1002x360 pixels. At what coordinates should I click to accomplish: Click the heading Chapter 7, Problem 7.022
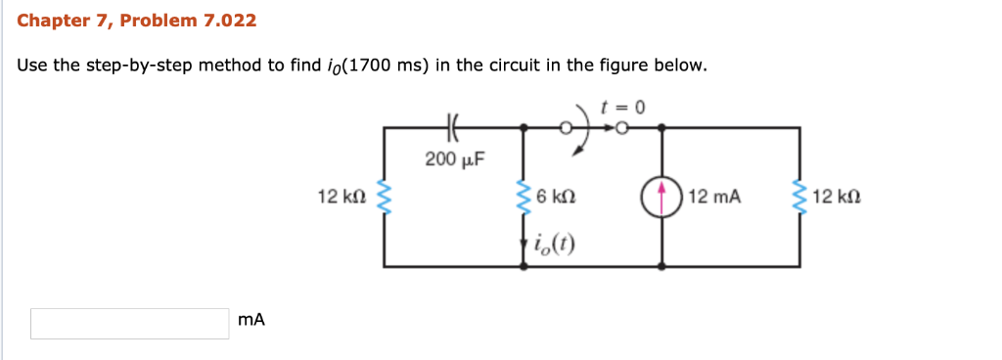coord(137,20)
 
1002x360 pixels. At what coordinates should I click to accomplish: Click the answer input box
coord(129,324)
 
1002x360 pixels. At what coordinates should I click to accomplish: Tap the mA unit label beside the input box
coord(251,320)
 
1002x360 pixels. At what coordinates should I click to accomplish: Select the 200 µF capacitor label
coord(455,157)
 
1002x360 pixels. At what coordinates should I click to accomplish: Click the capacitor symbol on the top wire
coord(452,126)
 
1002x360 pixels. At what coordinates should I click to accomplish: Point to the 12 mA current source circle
coord(663,198)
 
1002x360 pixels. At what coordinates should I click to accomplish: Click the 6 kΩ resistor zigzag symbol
coord(524,197)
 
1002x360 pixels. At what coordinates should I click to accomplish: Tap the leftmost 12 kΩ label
coord(342,198)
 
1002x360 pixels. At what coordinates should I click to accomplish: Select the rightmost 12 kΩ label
coord(837,198)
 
